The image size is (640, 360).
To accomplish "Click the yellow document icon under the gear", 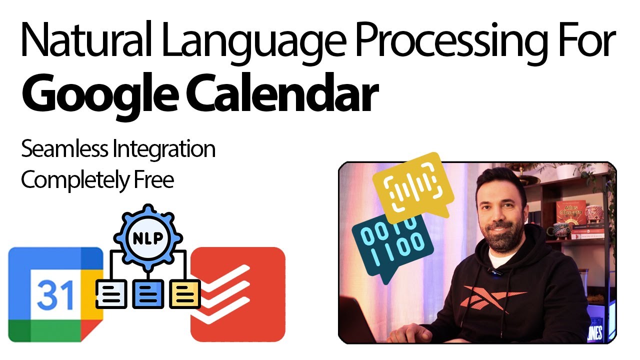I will pos(185,294).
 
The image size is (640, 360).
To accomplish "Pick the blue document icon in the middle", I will pos(148,294).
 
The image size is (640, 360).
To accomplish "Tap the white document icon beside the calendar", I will pos(111,294).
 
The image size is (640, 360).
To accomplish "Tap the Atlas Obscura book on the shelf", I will pos(569,210).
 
